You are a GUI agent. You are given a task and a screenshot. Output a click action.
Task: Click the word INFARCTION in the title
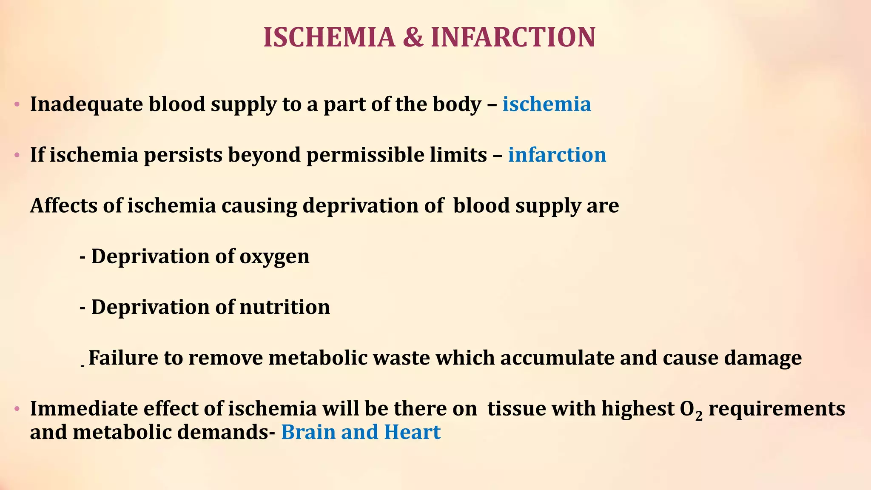tap(513, 37)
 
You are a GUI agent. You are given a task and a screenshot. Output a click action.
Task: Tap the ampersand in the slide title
tap(413, 37)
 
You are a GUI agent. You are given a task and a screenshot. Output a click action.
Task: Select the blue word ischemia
tap(547, 104)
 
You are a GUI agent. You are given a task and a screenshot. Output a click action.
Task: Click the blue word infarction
tap(557, 155)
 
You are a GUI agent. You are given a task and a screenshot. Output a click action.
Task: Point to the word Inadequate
tap(86, 104)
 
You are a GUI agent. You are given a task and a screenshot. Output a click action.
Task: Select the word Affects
tap(63, 206)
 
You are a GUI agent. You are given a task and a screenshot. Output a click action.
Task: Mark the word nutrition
tap(285, 307)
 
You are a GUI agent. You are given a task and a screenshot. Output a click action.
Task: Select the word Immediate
tap(83, 409)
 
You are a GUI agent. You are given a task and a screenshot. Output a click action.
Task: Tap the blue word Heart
tap(412, 433)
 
